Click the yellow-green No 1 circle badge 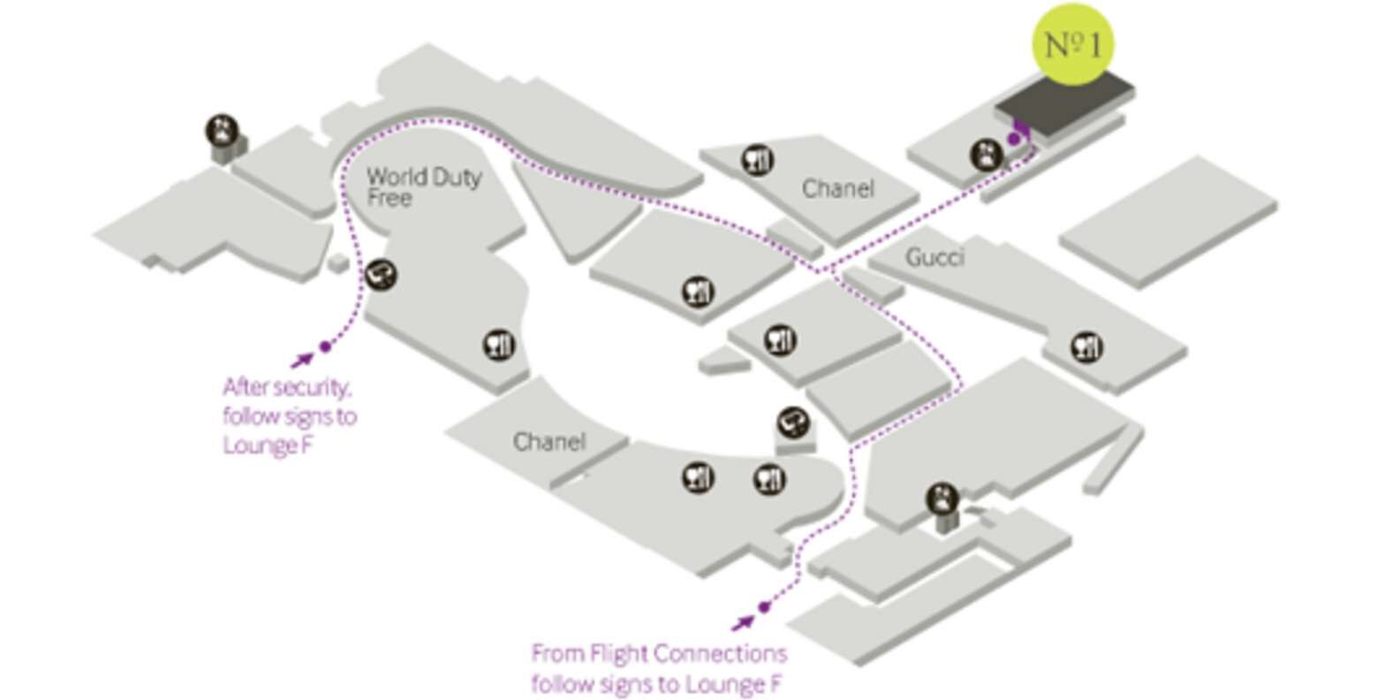1072,44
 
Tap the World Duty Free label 424,186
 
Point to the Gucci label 935,257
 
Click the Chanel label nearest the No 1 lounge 837,188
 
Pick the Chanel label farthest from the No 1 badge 549,442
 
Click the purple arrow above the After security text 302,360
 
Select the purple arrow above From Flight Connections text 743,622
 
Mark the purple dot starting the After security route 325,346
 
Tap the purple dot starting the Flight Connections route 763,607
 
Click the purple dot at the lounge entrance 1014,139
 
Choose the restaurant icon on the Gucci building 1086,347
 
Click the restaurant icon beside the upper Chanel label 758,160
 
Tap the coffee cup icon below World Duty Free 381,275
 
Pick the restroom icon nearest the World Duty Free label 222,131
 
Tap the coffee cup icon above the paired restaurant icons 792,422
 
